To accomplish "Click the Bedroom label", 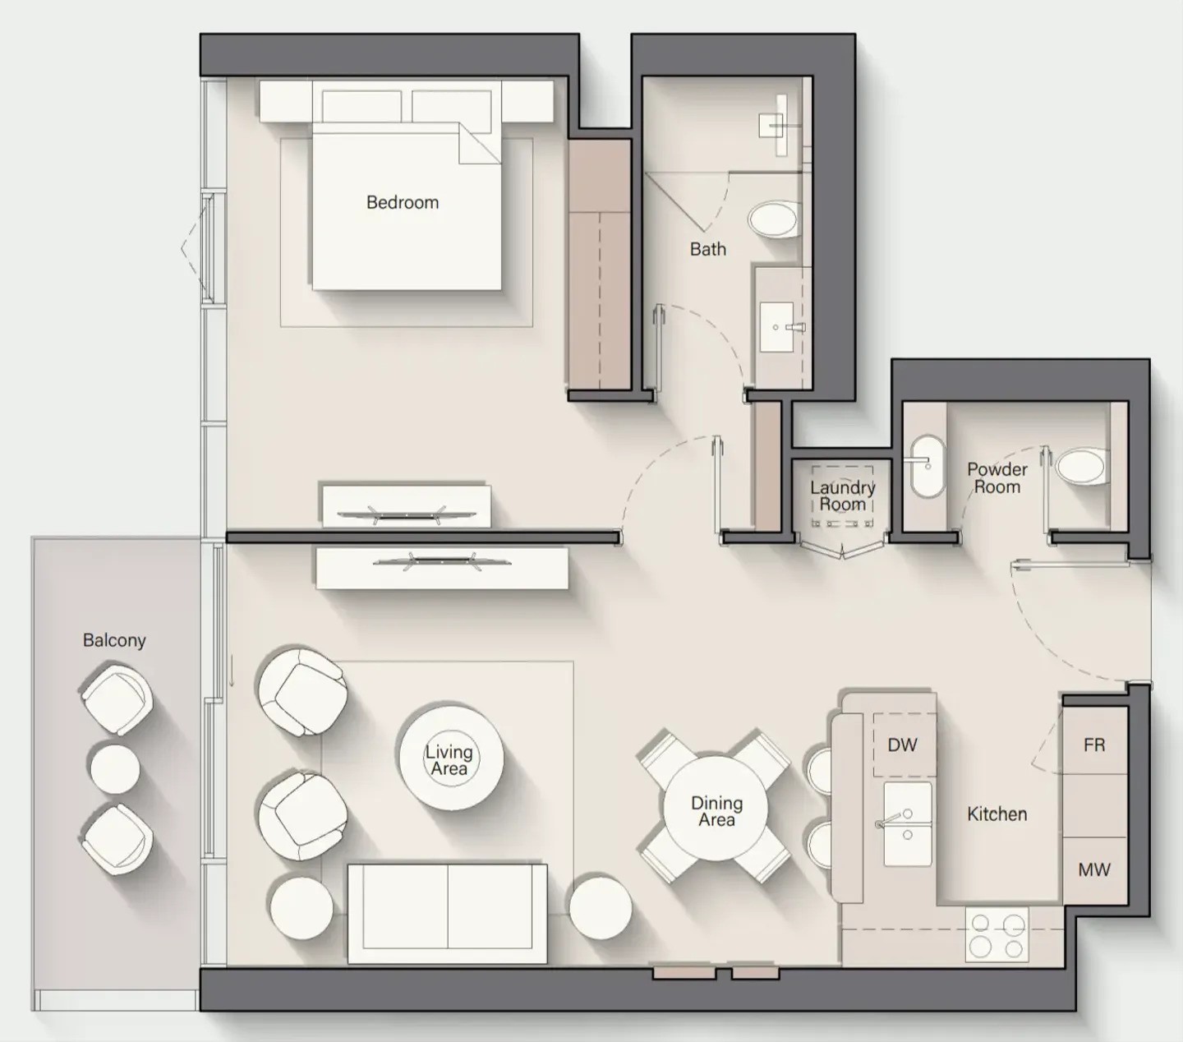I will point(403,202).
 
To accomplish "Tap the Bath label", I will point(707,249).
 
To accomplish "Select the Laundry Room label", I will point(842,496).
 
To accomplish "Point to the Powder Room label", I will point(997,477).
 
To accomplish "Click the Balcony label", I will point(114,640).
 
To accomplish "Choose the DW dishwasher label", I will point(902,745).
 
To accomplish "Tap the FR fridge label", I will point(1093,745).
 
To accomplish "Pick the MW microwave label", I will point(1093,869).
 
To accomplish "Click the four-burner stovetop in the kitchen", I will point(997,934).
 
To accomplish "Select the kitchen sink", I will point(907,823).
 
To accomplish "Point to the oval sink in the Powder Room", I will point(928,466).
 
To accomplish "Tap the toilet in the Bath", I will point(773,219).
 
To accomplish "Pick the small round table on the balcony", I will point(114,768).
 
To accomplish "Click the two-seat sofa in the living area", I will point(447,912).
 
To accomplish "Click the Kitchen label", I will point(997,814).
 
